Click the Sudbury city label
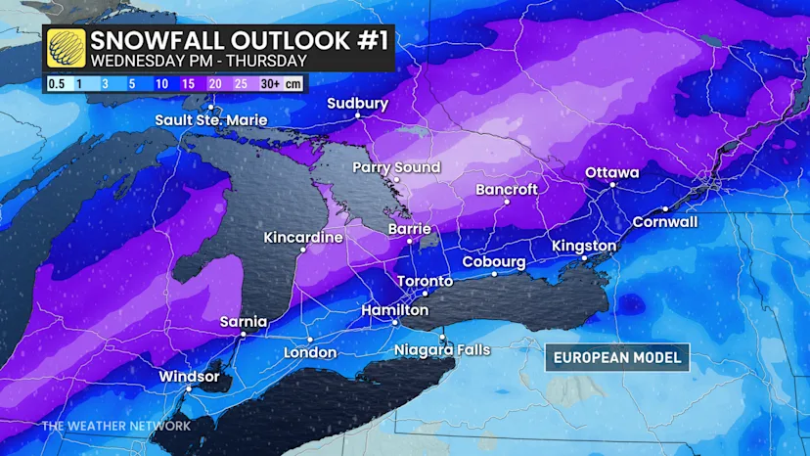coord(357,104)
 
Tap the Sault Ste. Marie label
coord(212,120)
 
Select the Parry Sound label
coord(396,167)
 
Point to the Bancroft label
coord(507,189)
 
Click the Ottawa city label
coord(611,172)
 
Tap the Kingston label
coord(584,246)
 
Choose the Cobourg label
coord(494,262)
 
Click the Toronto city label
coord(426,282)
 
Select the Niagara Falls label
coord(442,349)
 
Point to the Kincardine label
coord(303,238)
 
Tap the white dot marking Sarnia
coord(244,333)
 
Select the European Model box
coord(616,357)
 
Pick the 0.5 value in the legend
coord(58,84)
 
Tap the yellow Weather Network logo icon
coord(64,47)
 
